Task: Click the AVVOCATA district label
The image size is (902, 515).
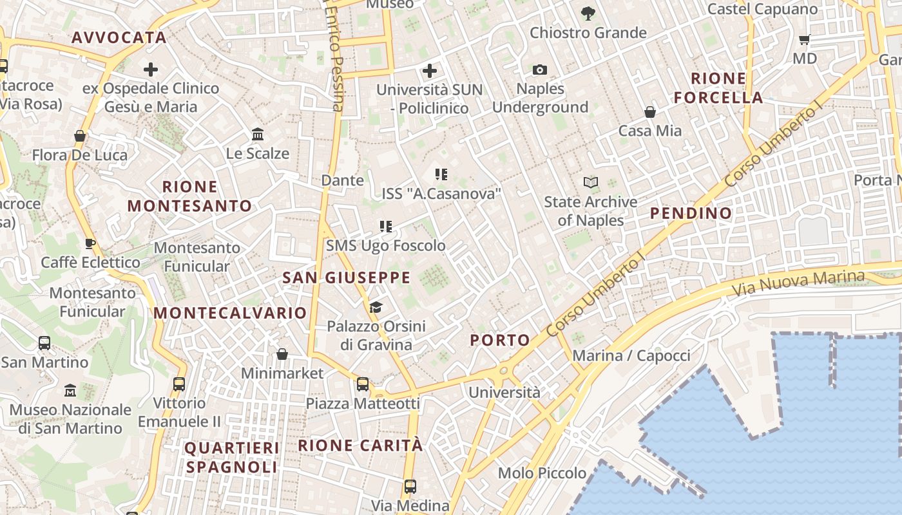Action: [x=119, y=37]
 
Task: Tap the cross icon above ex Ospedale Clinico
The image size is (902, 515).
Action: [x=151, y=70]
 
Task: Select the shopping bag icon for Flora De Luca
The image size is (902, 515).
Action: [x=80, y=136]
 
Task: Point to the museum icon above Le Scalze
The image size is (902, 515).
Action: [x=258, y=134]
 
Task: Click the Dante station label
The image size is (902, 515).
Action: [x=342, y=180]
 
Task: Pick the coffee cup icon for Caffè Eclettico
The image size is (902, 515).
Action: [x=90, y=243]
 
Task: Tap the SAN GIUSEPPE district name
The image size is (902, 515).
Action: [x=346, y=277]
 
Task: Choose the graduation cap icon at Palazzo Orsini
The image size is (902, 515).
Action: [x=376, y=307]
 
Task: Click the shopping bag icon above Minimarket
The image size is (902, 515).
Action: [x=282, y=354]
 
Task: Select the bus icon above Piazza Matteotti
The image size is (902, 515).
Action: [x=363, y=384]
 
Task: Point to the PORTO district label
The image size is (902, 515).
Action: [x=500, y=340]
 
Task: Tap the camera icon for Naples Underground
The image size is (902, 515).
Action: [x=540, y=70]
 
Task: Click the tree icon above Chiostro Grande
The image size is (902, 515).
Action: [x=588, y=13]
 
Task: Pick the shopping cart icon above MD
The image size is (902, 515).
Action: [x=804, y=40]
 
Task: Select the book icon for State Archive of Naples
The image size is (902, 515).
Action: [x=590, y=183]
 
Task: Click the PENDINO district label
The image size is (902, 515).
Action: [x=691, y=213]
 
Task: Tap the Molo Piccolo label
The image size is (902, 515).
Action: [x=542, y=473]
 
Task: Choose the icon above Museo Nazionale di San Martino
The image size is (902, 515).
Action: [x=70, y=390]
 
